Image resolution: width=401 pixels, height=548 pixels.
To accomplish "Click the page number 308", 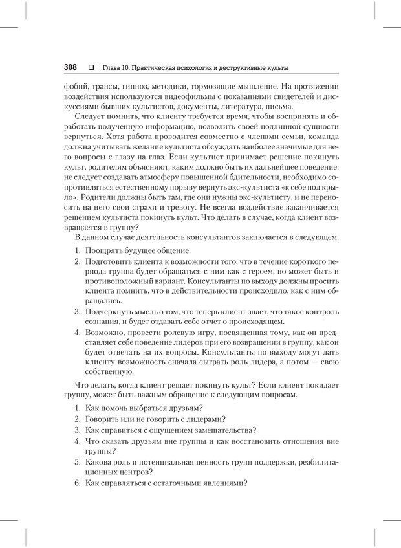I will click(x=70, y=67).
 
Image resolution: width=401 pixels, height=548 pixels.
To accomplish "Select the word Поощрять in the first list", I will click(x=105, y=250).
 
